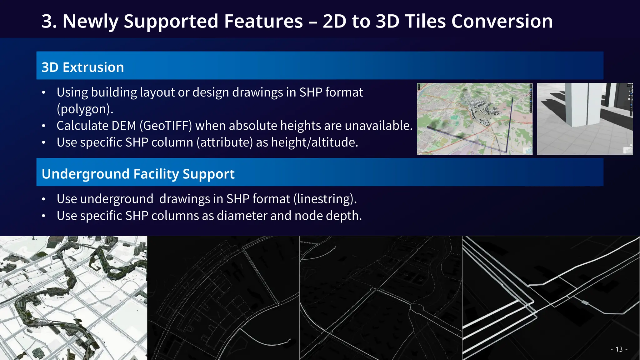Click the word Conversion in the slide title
(x=502, y=21)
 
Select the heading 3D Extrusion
(x=83, y=67)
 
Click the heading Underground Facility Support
(x=138, y=174)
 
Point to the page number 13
(x=619, y=349)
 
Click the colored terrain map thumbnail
(x=474, y=119)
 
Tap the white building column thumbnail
(x=585, y=119)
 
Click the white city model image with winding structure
(x=73, y=298)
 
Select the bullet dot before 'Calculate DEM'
(x=44, y=126)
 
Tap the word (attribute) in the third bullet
(x=225, y=142)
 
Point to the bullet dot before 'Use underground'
(x=44, y=199)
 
